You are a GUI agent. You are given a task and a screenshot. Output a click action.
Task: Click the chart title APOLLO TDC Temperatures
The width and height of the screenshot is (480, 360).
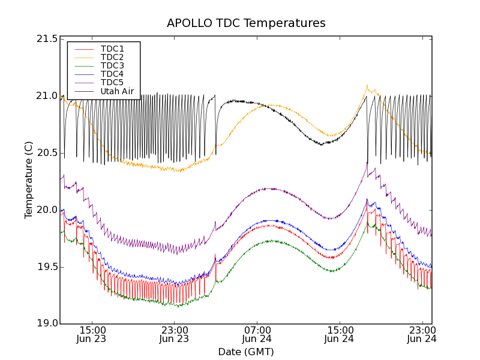[246, 23]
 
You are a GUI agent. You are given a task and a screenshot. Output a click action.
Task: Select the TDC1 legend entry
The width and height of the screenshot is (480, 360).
[112, 49]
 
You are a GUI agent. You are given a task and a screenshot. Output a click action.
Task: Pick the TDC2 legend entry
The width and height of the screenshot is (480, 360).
[112, 57]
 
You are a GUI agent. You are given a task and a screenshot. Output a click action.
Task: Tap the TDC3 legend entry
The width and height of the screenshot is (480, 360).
[112, 65]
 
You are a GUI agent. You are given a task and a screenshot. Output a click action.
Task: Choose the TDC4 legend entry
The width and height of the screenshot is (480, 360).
[112, 74]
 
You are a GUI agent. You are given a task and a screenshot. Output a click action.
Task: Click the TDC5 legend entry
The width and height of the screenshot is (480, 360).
[112, 82]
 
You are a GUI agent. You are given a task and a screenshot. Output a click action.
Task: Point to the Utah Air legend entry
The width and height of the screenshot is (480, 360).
[117, 91]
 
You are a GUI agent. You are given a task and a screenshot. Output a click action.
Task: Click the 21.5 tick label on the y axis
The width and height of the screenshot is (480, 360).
[46, 39]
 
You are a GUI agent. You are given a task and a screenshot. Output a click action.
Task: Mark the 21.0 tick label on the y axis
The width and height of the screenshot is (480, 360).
[46, 96]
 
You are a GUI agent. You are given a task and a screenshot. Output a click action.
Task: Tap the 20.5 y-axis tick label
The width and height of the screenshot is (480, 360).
[46, 153]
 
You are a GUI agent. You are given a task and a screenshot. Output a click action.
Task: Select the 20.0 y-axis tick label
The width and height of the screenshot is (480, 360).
[46, 210]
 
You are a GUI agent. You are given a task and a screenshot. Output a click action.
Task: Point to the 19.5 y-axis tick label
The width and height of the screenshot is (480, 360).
[46, 267]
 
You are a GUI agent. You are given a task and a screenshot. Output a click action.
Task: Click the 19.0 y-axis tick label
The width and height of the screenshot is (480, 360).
[46, 324]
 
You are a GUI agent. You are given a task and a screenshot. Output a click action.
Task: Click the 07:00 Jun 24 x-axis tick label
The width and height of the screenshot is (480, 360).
[257, 334]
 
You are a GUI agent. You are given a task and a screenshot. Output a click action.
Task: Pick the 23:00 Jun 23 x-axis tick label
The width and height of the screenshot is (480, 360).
[175, 334]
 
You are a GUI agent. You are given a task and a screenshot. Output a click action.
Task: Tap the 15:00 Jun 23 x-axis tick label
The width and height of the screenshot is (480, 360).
[92, 334]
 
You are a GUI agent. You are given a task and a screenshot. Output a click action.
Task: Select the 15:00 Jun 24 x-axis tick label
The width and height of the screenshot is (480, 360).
[340, 334]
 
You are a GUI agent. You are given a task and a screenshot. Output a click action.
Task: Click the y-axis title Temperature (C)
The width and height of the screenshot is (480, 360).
[29, 180]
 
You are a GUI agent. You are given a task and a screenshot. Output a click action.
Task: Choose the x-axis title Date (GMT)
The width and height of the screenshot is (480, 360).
[246, 352]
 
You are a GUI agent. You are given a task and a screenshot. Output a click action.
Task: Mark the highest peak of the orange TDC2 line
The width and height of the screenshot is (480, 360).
[367, 86]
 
